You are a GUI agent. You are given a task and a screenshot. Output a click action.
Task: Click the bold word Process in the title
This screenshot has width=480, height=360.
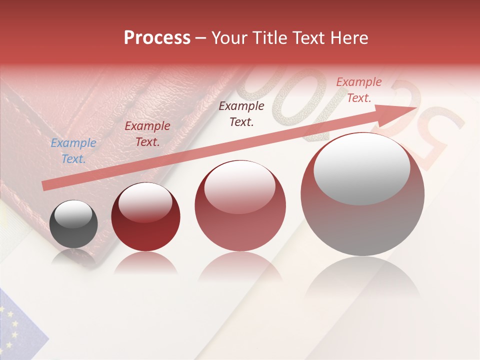point(157,38)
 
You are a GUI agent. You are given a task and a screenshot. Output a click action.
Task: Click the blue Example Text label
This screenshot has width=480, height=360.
point(73,151)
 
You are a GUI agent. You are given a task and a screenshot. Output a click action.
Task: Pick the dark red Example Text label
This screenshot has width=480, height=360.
point(147,134)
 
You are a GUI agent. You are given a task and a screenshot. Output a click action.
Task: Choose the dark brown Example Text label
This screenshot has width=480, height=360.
point(241,113)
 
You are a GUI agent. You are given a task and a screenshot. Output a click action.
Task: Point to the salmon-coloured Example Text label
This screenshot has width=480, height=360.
point(359,90)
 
